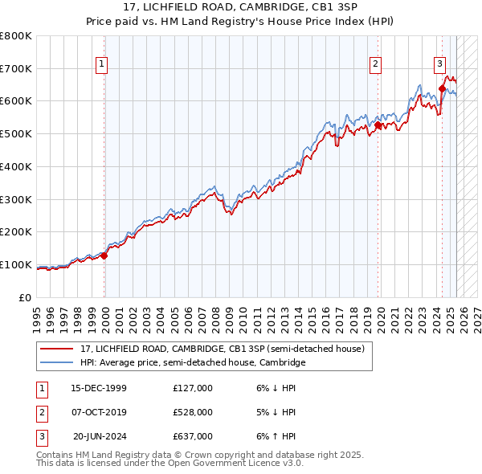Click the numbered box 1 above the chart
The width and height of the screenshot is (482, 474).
tap(103, 66)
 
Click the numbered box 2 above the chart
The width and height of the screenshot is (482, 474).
tap(375, 66)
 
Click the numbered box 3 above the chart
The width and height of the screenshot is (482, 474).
tap(439, 66)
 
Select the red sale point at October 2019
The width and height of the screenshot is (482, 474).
tap(378, 125)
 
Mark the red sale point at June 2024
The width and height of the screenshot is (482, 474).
tap(442, 88)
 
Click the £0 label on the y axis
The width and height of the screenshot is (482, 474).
tap(26, 297)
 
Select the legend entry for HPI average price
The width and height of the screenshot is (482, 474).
tap(193, 363)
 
